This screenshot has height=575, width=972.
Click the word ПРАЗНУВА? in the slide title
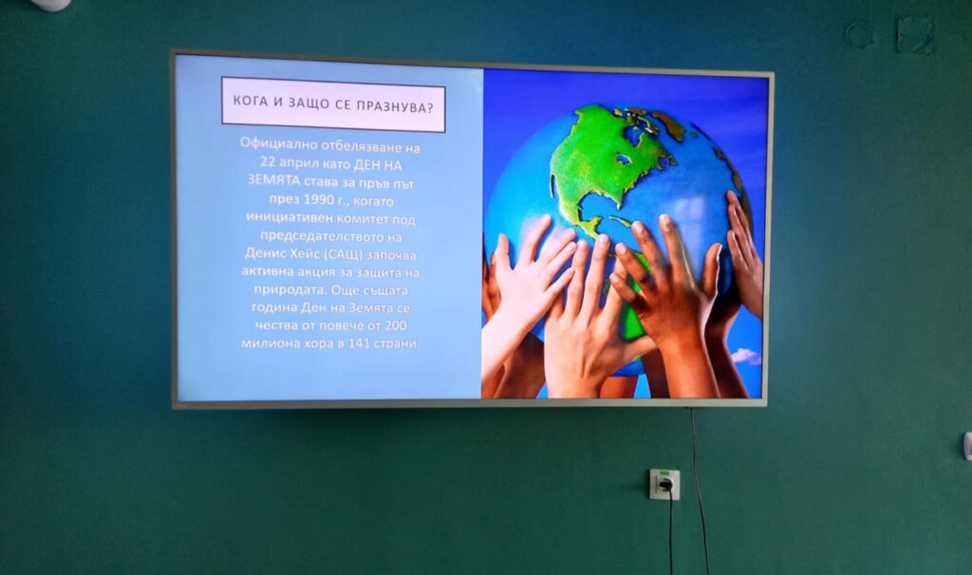pyautogui.click(x=395, y=106)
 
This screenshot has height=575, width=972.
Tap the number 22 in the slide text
pyautogui.click(x=268, y=163)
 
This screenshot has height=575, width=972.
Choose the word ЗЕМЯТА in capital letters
pyautogui.click(x=274, y=179)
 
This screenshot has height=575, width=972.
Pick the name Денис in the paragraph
pyautogui.click(x=266, y=252)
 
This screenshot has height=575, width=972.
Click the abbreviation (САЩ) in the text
pyautogui.click(x=343, y=254)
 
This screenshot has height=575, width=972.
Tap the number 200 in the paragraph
pyautogui.click(x=396, y=325)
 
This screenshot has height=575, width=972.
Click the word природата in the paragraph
pyautogui.click(x=290, y=290)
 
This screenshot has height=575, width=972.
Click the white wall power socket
pyautogui.click(x=664, y=484)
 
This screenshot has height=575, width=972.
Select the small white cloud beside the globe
pyautogui.click(x=746, y=356)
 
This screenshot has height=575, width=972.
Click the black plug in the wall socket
pyautogui.click(x=665, y=485)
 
